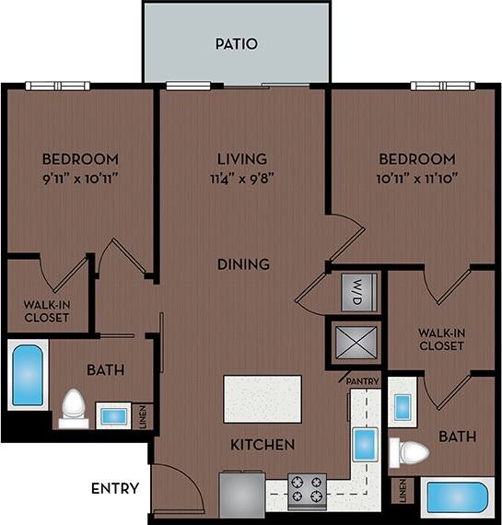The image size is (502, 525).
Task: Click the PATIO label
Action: click(x=236, y=43)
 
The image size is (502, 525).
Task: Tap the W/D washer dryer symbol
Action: click(x=354, y=293)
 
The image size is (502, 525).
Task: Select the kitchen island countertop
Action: click(x=263, y=399)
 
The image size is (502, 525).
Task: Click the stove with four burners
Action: click(x=307, y=490)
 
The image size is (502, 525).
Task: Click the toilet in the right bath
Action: click(x=411, y=452)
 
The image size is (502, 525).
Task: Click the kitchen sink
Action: click(x=365, y=445)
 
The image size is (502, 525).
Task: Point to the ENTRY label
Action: click(x=115, y=488)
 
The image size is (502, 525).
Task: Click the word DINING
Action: click(x=243, y=264)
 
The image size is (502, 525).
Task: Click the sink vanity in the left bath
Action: click(x=113, y=416)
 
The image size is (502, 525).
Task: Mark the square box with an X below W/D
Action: click(x=354, y=343)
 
